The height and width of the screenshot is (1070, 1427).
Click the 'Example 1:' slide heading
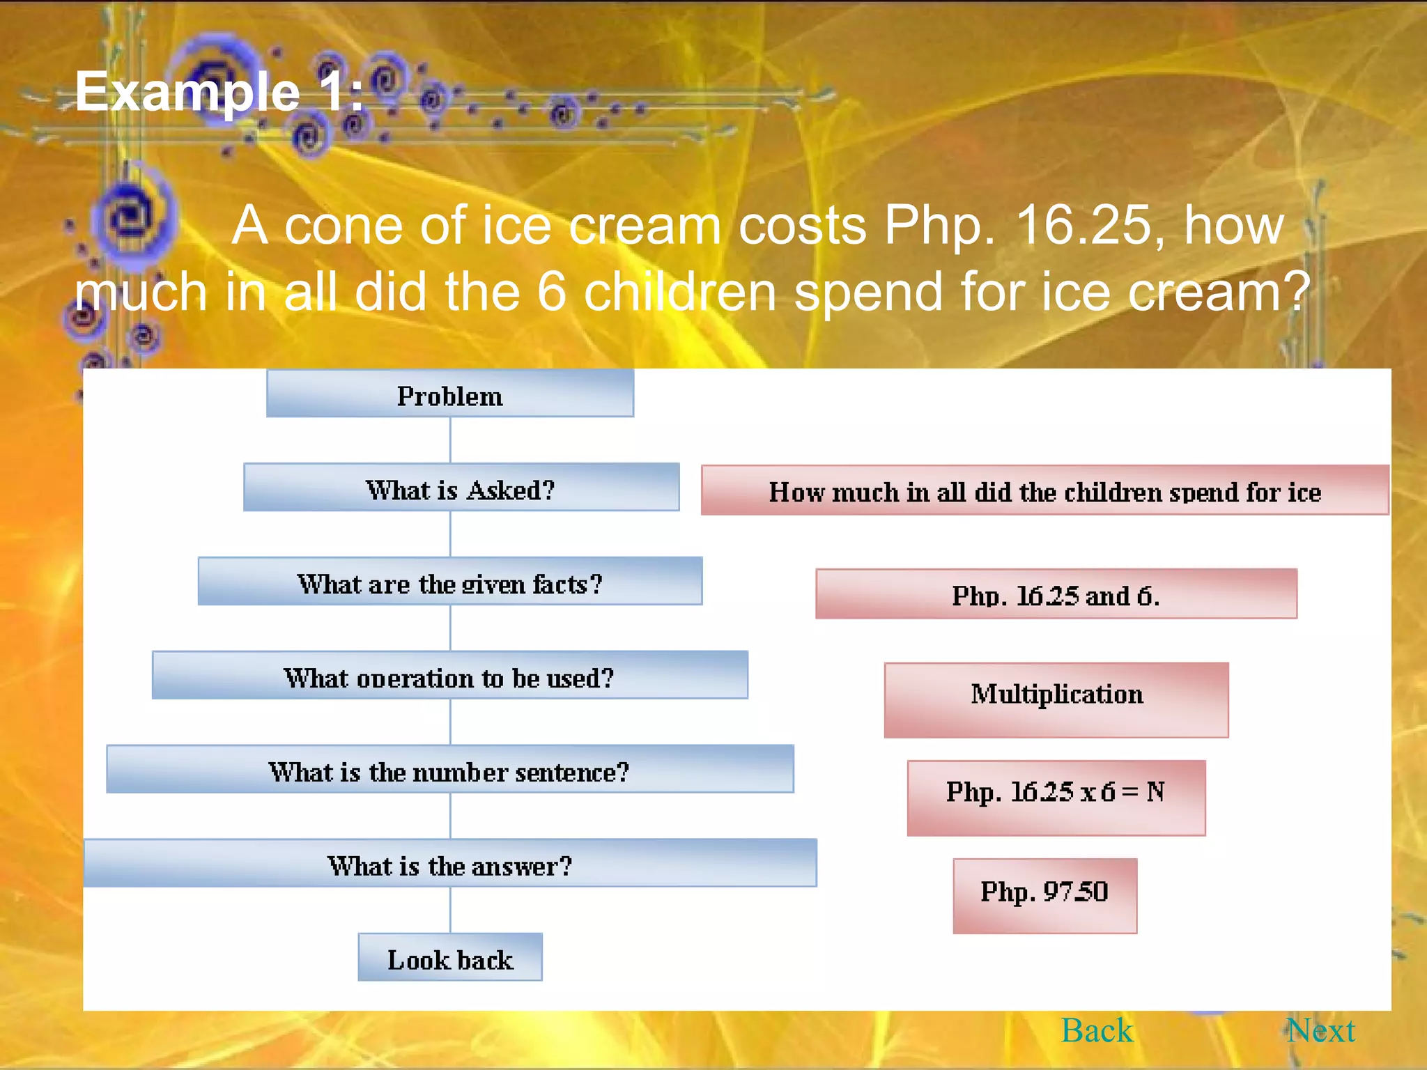219,92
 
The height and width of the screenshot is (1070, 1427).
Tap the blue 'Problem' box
450,394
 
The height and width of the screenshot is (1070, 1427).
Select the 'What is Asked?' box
461,488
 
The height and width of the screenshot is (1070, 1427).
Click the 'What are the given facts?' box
450,582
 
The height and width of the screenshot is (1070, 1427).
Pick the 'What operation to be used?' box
450,676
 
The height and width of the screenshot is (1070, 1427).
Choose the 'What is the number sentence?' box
450,770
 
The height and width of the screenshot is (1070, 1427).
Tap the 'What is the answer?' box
450,864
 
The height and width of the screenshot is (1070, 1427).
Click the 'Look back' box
450,958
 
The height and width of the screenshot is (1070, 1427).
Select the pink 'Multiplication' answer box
1056,700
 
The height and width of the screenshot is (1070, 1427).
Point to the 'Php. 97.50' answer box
1044,896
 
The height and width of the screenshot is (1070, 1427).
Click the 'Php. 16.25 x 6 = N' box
1056,798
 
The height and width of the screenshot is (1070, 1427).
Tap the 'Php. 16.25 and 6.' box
1056,594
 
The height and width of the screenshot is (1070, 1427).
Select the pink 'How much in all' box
1044,491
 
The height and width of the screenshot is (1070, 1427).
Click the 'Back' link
1097,1030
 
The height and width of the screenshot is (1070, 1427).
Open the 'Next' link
1320,1030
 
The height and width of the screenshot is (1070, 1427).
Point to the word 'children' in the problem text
680,292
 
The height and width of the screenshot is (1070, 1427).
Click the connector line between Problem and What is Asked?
450,440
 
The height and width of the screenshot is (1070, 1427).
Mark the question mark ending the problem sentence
1297,292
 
